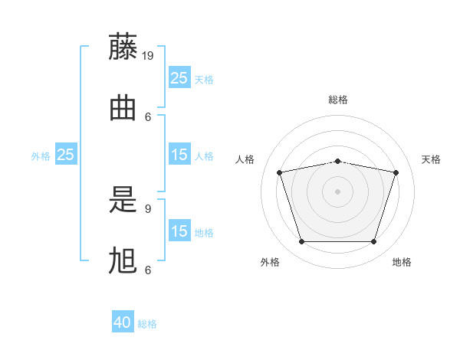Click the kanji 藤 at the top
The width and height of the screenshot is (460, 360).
click(x=123, y=47)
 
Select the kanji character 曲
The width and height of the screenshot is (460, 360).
click(x=123, y=108)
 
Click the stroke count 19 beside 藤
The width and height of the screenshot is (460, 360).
click(x=149, y=55)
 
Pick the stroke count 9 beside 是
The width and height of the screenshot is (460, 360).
click(x=148, y=208)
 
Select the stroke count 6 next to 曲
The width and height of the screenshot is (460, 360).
click(x=148, y=116)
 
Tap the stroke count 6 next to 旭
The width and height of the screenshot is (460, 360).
click(x=148, y=270)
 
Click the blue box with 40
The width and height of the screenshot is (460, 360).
click(x=123, y=322)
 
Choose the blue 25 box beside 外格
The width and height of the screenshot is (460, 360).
click(x=65, y=155)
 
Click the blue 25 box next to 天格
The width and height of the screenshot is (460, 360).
click(x=179, y=78)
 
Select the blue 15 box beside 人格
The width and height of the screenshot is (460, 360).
click(x=179, y=155)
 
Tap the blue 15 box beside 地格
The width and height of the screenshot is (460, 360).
click(x=179, y=231)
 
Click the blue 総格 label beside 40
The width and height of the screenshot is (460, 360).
click(x=147, y=324)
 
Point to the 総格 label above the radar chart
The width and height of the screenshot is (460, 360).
click(x=337, y=100)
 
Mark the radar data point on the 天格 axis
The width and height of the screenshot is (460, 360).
click(x=396, y=172)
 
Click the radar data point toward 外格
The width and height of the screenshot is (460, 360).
click(x=301, y=242)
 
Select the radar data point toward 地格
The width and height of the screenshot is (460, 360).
click(x=373, y=242)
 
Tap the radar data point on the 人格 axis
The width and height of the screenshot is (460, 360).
click(x=279, y=172)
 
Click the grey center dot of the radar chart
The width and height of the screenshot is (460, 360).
click(x=337, y=191)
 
